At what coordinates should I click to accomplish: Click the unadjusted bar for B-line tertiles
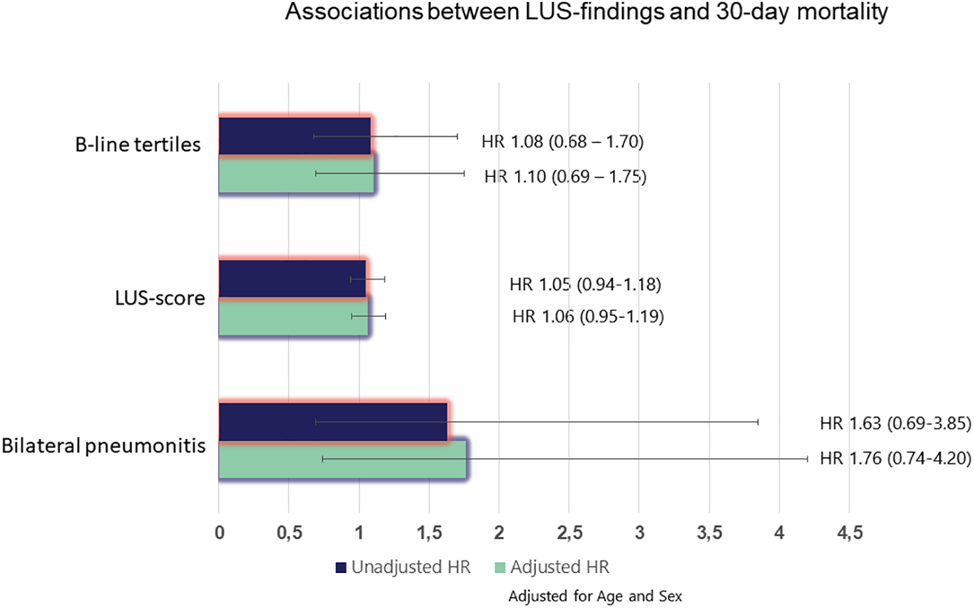[293, 136]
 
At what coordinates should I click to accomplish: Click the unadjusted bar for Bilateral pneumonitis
[332, 422]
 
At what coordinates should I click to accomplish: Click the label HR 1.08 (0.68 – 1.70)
[562, 142]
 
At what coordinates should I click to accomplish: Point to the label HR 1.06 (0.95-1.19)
[588, 317]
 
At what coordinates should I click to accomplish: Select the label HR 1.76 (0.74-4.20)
[895, 459]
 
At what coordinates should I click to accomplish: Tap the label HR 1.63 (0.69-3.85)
[895, 423]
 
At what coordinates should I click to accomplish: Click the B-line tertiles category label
[138, 145]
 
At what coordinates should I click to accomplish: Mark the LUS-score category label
[160, 298]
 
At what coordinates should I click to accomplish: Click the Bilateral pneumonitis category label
[103, 446]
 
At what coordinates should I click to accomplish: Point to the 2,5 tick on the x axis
[569, 533]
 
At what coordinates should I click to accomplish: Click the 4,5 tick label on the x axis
[849, 533]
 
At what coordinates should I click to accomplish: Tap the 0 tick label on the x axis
[219, 533]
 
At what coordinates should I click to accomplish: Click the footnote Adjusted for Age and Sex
[595, 596]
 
